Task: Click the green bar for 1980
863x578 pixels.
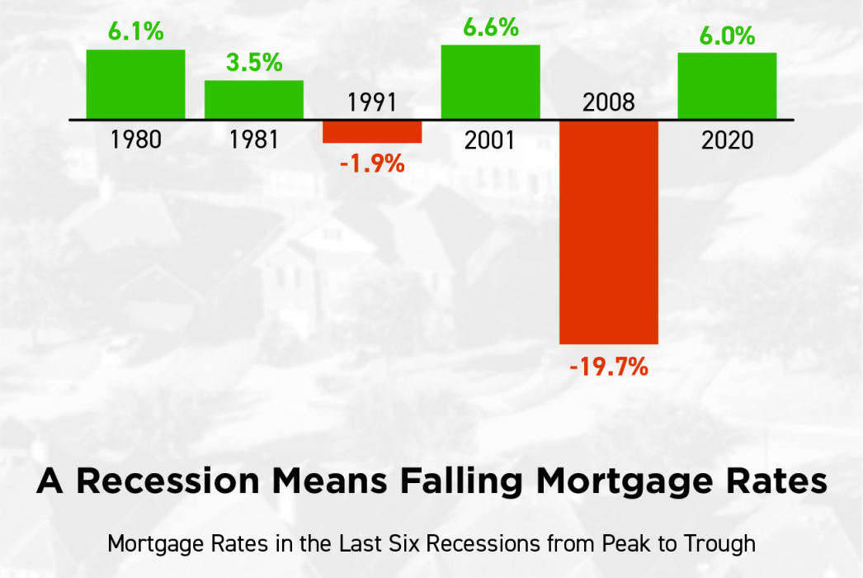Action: (135, 84)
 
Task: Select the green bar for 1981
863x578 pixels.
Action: (254, 100)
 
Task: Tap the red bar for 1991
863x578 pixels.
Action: (372, 131)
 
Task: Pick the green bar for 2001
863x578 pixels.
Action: (490, 82)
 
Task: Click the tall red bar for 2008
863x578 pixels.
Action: (609, 233)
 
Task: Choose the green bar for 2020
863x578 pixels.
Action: (727, 86)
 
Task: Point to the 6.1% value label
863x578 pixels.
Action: (136, 31)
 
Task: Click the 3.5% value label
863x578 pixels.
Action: (254, 62)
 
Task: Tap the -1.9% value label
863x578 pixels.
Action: (373, 163)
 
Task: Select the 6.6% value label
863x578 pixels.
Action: (491, 27)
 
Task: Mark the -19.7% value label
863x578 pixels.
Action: (609, 367)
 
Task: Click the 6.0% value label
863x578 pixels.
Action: (728, 36)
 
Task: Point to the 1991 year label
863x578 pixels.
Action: (372, 102)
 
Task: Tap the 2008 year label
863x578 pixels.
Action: (609, 102)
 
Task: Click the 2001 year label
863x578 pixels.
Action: (490, 140)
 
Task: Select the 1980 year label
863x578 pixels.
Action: (136, 140)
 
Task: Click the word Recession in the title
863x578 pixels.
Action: (167, 481)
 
